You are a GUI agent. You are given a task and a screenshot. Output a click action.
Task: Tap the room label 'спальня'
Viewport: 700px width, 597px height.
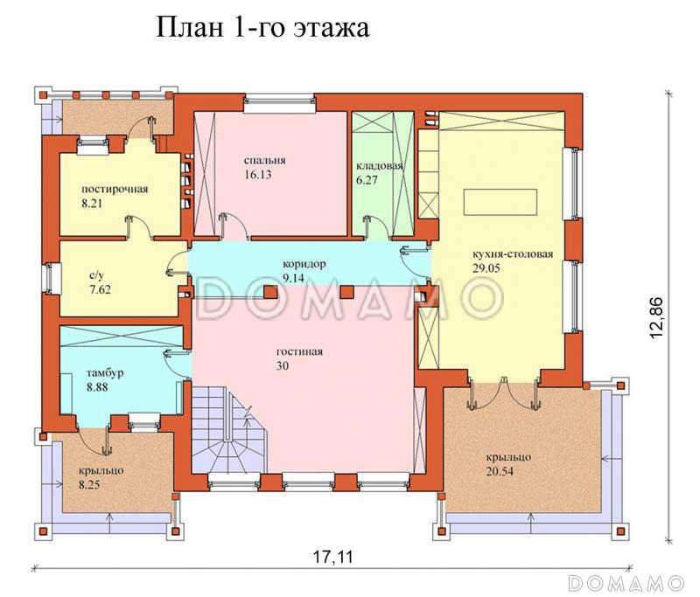(x=266, y=161)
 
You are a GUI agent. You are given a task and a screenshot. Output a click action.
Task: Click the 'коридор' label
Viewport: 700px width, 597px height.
(x=304, y=263)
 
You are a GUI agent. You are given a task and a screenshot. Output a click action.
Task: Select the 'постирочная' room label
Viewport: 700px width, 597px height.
(x=114, y=189)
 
